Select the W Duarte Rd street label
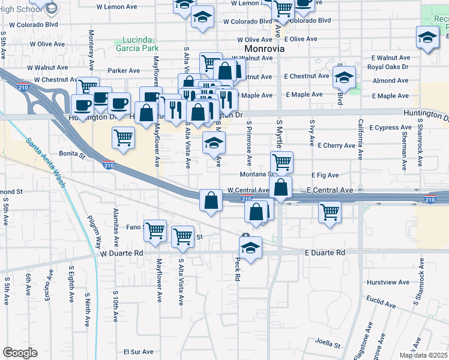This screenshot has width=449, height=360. (122, 253)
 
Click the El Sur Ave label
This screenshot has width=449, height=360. (139, 352)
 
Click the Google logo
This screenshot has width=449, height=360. (20, 353)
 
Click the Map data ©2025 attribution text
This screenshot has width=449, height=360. (423, 355)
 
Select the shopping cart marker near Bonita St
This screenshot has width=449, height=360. (123, 138)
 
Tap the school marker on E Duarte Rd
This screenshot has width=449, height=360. (251, 247)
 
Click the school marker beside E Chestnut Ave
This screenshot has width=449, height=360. (344, 77)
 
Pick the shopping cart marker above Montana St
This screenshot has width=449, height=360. (282, 161)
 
